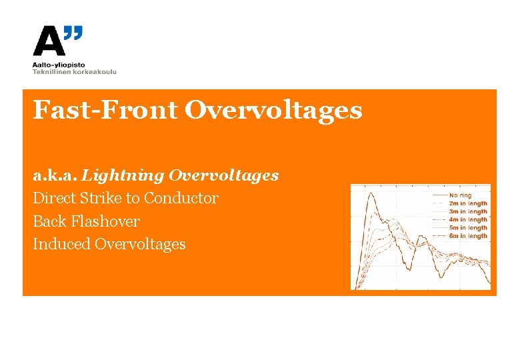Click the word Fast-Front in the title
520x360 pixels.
pos(105,110)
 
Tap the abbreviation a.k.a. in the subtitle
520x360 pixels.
pos(55,175)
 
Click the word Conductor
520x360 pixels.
pos(181,198)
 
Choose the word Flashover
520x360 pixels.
pos(107,221)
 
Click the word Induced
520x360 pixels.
pos(61,244)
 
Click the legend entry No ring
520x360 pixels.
pos(460,195)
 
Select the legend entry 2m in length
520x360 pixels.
pos(468,203)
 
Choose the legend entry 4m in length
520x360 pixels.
pos(468,219)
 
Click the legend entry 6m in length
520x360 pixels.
pos(468,236)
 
